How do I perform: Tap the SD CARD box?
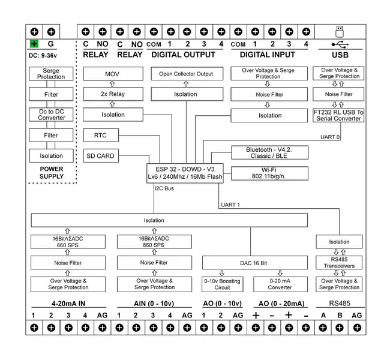coord(100,156)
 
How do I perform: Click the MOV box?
coord(113,74)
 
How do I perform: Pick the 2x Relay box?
coord(113,94)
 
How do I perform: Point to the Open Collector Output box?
coord(185,74)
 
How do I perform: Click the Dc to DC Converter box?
coord(52,115)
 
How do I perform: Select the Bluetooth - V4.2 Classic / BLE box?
coord(269,152)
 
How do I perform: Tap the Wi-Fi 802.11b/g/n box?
coord(269,173)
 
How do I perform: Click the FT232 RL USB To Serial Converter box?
coord(338,115)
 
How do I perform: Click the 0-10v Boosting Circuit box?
coord(222,284)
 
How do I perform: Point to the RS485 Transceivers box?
coord(339,263)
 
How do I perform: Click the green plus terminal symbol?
coord(34,44)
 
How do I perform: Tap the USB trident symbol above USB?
coord(339,44)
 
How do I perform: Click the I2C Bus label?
coord(164,188)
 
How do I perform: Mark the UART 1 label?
coord(230,205)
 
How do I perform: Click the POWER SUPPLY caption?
coord(52,173)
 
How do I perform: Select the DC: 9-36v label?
coord(44,55)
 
